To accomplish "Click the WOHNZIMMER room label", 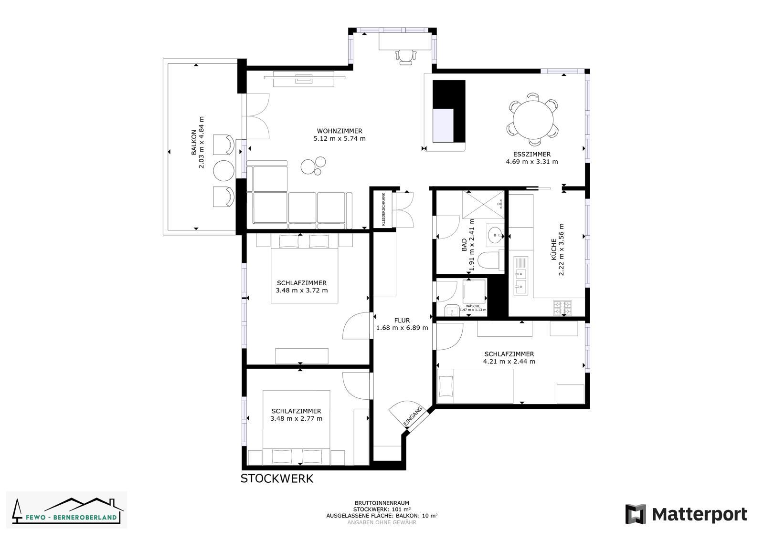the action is [x=340, y=131].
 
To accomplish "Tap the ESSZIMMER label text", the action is [x=532, y=154].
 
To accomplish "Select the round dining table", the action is [x=533, y=120].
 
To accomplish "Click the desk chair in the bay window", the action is [x=405, y=57].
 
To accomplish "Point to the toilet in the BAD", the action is [x=490, y=260].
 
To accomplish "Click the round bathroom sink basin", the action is [x=495, y=235].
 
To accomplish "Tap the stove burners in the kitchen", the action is [x=562, y=308].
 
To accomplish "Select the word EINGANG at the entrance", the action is [x=413, y=415].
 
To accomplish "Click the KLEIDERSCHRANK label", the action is [x=383, y=209].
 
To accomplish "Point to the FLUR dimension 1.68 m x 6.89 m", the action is [x=402, y=328].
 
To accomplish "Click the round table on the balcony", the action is [x=224, y=170].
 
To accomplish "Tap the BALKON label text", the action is [x=194, y=142].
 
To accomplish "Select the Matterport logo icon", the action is [x=636, y=514].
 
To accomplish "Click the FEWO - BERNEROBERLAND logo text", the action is [x=71, y=517].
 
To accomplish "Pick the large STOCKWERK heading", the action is [x=277, y=478].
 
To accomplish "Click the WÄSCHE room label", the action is [x=473, y=306].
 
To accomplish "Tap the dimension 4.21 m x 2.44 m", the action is [x=509, y=362].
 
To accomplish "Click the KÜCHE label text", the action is [x=553, y=249].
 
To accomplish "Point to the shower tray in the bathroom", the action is [x=483, y=205].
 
